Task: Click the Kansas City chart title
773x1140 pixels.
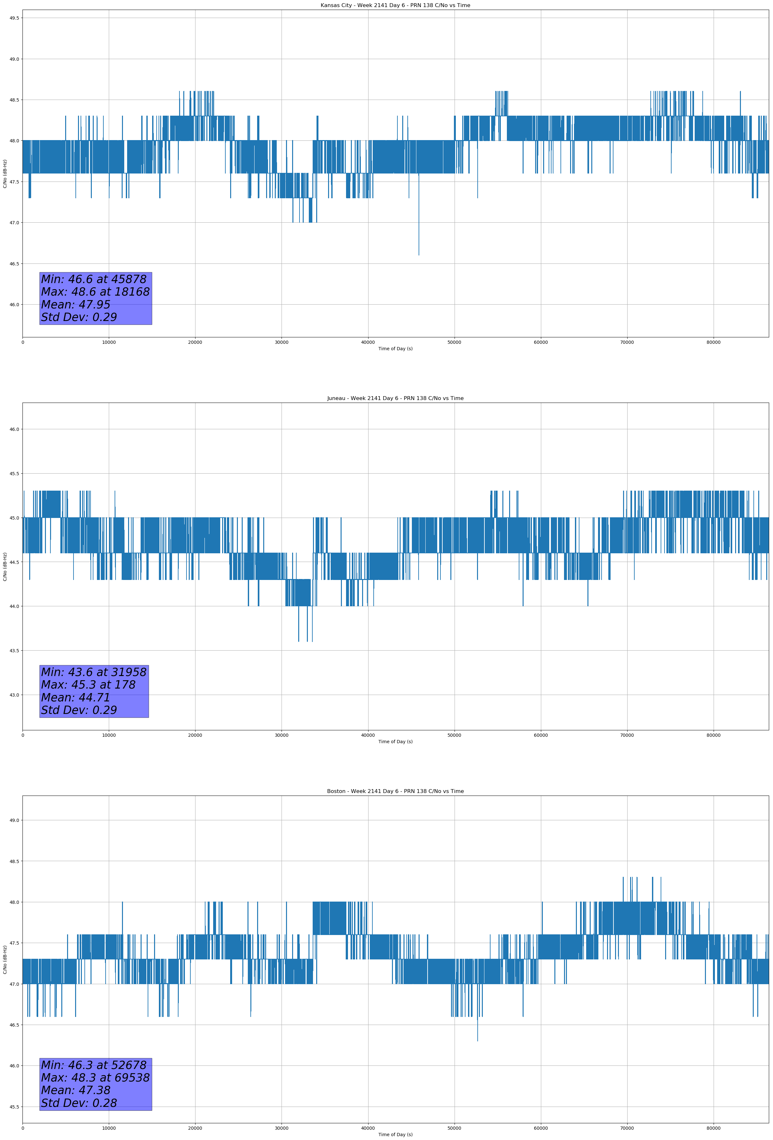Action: click(395, 5)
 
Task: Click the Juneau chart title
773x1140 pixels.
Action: click(395, 398)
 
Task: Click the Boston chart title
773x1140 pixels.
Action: click(395, 791)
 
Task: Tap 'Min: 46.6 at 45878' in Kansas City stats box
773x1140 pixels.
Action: click(94, 279)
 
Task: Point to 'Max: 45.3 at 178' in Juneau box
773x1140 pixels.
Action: click(88, 685)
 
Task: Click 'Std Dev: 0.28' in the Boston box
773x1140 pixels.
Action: click(79, 1103)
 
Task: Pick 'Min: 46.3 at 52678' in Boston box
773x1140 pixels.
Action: click(94, 1065)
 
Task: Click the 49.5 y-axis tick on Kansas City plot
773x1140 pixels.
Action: click(14, 18)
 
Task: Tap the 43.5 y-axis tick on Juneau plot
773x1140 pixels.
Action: click(14, 650)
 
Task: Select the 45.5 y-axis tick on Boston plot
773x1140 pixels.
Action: click(14, 1107)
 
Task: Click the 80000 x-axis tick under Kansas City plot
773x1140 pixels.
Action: click(713, 343)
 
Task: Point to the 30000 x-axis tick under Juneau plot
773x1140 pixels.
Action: click(281, 735)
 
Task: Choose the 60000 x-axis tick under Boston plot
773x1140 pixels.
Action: click(541, 1128)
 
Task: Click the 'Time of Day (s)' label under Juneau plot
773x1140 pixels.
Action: click(395, 742)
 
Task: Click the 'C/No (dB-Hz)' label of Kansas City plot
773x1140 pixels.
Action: click(5, 174)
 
